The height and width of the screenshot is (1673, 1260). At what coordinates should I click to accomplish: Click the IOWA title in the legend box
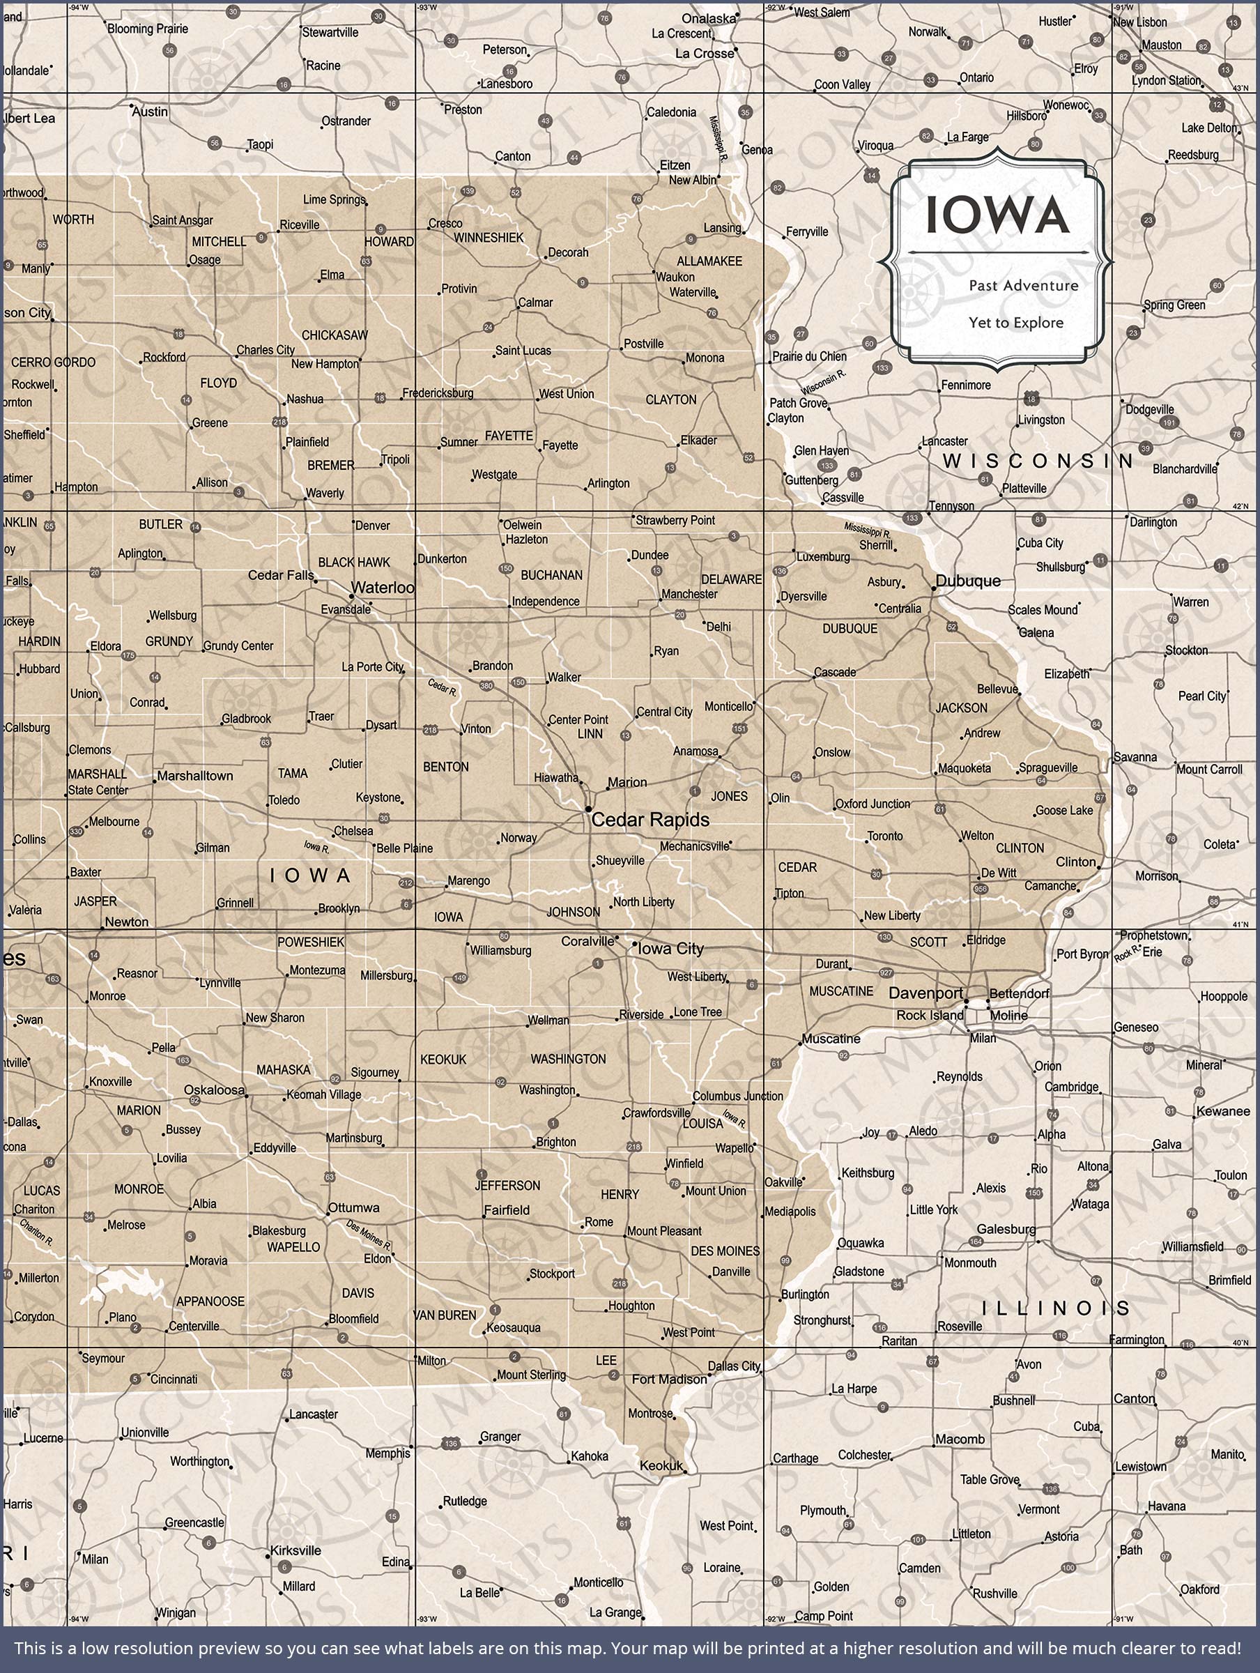tap(997, 215)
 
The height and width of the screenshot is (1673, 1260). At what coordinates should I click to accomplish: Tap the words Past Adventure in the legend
tap(1023, 285)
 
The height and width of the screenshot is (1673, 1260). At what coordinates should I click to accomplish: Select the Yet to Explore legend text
tap(1015, 322)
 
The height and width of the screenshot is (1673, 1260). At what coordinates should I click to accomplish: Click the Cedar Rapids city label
tap(650, 820)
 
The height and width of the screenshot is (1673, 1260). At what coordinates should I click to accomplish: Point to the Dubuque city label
tap(967, 581)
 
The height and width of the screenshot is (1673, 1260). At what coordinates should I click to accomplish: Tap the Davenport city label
tap(925, 993)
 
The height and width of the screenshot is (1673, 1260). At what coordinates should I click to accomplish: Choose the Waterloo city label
tap(383, 587)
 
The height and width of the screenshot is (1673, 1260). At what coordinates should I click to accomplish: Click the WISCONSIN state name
tap(1037, 461)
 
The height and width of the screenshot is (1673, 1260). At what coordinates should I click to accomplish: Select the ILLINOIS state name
tap(1055, 1308)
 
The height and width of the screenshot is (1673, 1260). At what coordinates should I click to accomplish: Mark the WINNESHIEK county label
tap(489, 238)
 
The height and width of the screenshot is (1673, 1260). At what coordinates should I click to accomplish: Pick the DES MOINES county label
tap(725, 1252)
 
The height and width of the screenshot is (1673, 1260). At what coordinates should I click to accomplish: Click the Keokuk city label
tap(661, 1466)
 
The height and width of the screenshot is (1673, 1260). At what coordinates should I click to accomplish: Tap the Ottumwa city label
tap(353, 1208)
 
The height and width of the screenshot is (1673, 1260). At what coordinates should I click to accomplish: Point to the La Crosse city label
tap(704, 54)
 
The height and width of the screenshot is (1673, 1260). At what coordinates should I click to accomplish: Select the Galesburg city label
tap(1005, 1229)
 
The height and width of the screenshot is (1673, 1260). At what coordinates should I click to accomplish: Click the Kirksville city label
tap(295, 1550)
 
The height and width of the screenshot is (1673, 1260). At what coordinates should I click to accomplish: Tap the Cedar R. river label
tap(443, 687)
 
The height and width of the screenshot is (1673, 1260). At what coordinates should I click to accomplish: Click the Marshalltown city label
tap(195, 776)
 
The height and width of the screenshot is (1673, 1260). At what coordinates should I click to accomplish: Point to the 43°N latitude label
tap(1241, 89)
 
